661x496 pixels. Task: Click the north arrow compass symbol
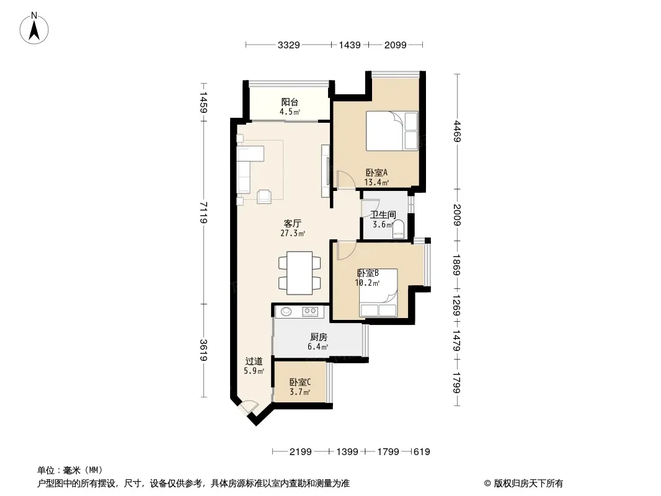34,29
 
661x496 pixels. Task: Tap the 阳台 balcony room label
290,102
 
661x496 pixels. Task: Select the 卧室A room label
376,173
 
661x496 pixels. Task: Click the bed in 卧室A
392,131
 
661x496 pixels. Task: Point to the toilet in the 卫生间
398,229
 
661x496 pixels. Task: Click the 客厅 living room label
293,223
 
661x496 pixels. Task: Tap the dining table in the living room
299,273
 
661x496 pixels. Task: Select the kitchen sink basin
286,312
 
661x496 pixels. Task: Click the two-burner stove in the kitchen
310,312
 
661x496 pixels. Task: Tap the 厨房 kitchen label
319,337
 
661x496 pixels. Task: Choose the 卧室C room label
300,382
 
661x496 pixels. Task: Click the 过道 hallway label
254,361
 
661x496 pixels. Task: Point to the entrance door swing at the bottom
248,407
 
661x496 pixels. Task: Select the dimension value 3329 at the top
289,45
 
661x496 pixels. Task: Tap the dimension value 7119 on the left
203,213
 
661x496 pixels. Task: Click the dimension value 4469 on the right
458,131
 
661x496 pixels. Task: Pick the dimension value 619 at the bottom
422,452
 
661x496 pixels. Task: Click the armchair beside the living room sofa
264,197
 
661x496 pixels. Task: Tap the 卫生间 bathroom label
383,215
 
